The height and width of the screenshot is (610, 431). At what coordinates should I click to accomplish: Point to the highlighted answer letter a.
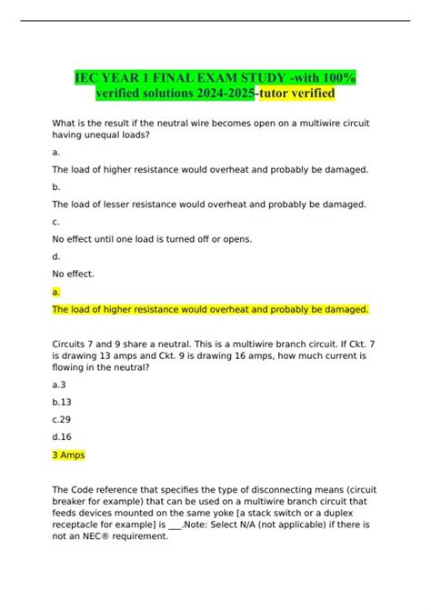56,292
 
